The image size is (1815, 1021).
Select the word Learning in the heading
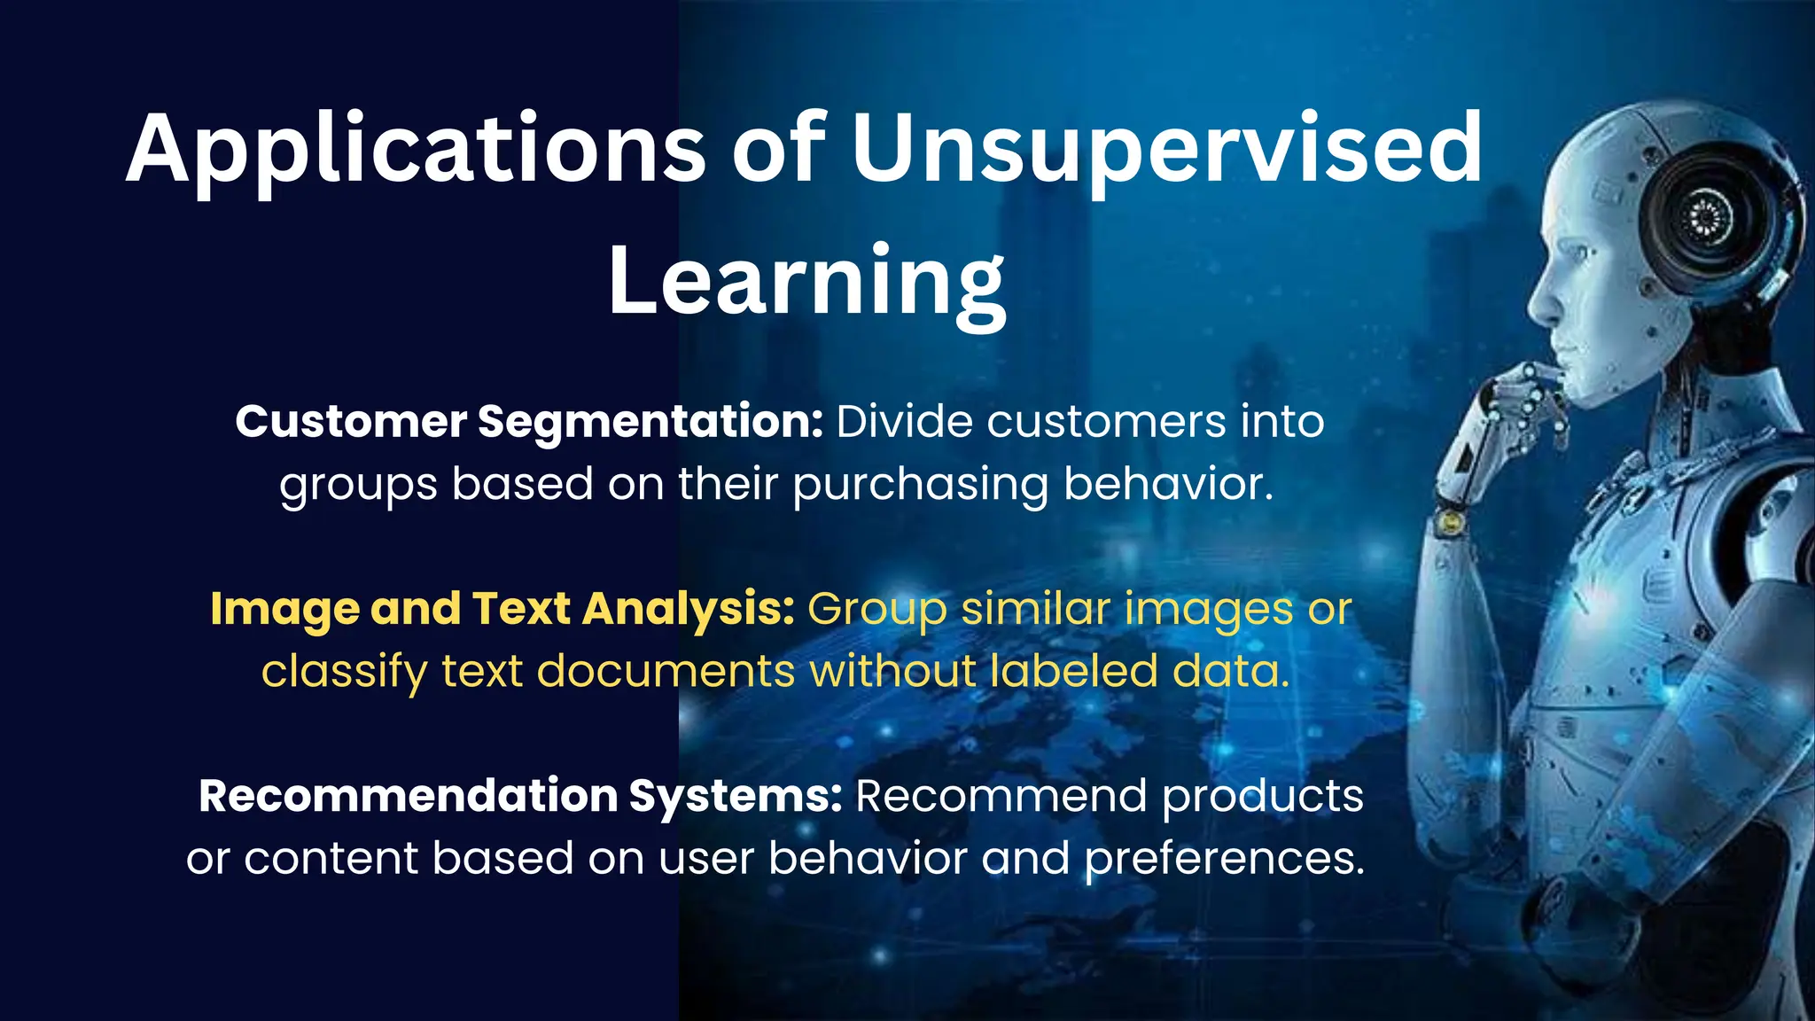pos(806,282)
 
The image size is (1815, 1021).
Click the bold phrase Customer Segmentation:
pos(529,422)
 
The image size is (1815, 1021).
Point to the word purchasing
pos(920,486)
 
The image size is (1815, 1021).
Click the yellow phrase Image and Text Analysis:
pos(502,610)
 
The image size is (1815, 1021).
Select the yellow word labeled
pos(1073,671)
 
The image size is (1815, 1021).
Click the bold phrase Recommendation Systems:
pos(519,796)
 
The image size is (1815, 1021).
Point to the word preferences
pos(1225,859)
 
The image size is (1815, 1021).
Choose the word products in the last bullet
pos(1262,797)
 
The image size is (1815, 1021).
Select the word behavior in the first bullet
pos(1167,485)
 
